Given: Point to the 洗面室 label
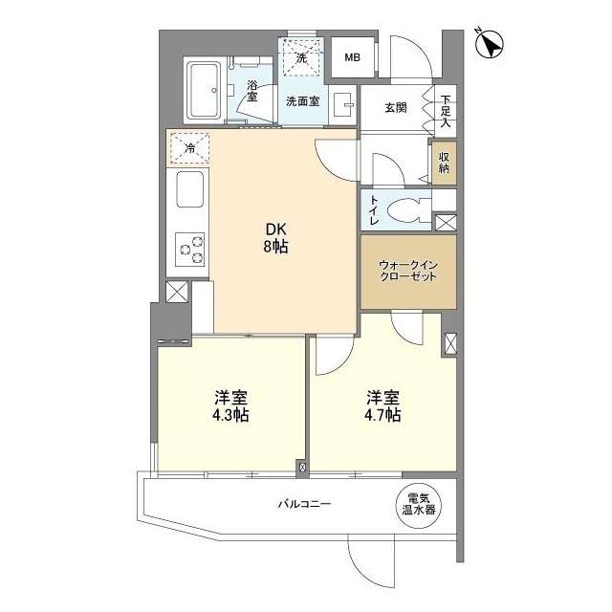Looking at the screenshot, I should point(302,101).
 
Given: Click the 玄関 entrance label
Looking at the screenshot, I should point(396,107).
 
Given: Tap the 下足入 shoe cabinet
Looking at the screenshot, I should point(446,109).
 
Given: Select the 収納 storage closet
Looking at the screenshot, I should point(445,162).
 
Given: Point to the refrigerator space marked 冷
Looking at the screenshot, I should point(189,147).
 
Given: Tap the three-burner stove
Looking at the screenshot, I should point(189,249).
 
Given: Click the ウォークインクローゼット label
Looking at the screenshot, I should point(407,271).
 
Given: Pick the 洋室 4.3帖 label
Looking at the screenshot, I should point(230,404).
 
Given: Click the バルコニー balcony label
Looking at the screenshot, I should point(305,504).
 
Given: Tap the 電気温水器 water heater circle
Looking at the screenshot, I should point(418,503).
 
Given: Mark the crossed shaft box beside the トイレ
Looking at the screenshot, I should point(445,223).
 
